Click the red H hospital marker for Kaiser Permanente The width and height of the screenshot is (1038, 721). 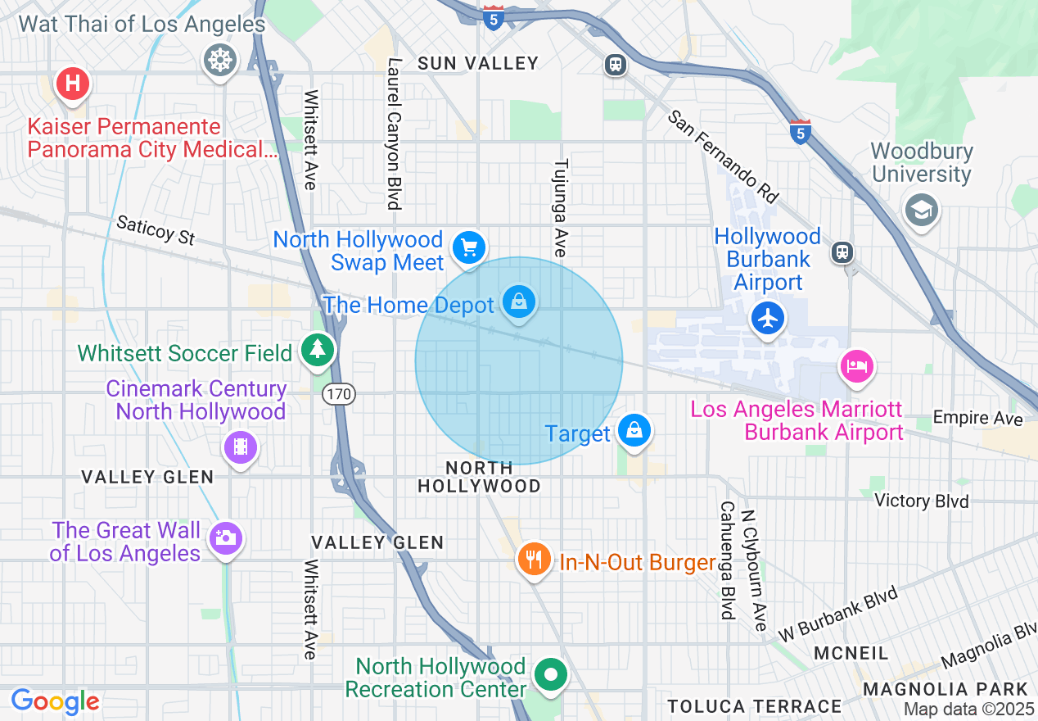click(72, 83)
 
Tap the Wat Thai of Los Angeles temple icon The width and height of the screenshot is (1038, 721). click(220, 60)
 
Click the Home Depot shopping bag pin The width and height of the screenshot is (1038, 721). click(519, 302)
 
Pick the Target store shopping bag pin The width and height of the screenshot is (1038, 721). click(633, 429)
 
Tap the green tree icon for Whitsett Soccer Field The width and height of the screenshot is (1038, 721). click(315, 350)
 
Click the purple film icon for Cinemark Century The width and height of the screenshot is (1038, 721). click(240, 447)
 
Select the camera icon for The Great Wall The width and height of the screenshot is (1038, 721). click(223, 538)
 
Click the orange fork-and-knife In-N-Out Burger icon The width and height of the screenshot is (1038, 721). click(534, 560)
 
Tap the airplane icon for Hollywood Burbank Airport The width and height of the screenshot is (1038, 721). click(768, 318)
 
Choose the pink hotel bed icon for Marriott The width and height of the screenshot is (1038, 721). click(856, 365)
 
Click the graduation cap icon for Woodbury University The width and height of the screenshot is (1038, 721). click(921, 210)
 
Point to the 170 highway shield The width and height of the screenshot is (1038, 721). click(338, 395)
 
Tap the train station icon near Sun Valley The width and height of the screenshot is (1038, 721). click(616, 65)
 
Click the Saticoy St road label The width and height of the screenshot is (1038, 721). click(156, 230)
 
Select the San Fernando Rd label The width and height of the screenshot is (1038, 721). click(722, 156)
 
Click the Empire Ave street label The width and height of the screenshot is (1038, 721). click(978, 418)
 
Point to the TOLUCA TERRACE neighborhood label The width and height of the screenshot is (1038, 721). click(754, 706)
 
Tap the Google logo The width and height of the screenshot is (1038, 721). click(55, 701)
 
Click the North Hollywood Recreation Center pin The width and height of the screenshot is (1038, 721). click(551, 675)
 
